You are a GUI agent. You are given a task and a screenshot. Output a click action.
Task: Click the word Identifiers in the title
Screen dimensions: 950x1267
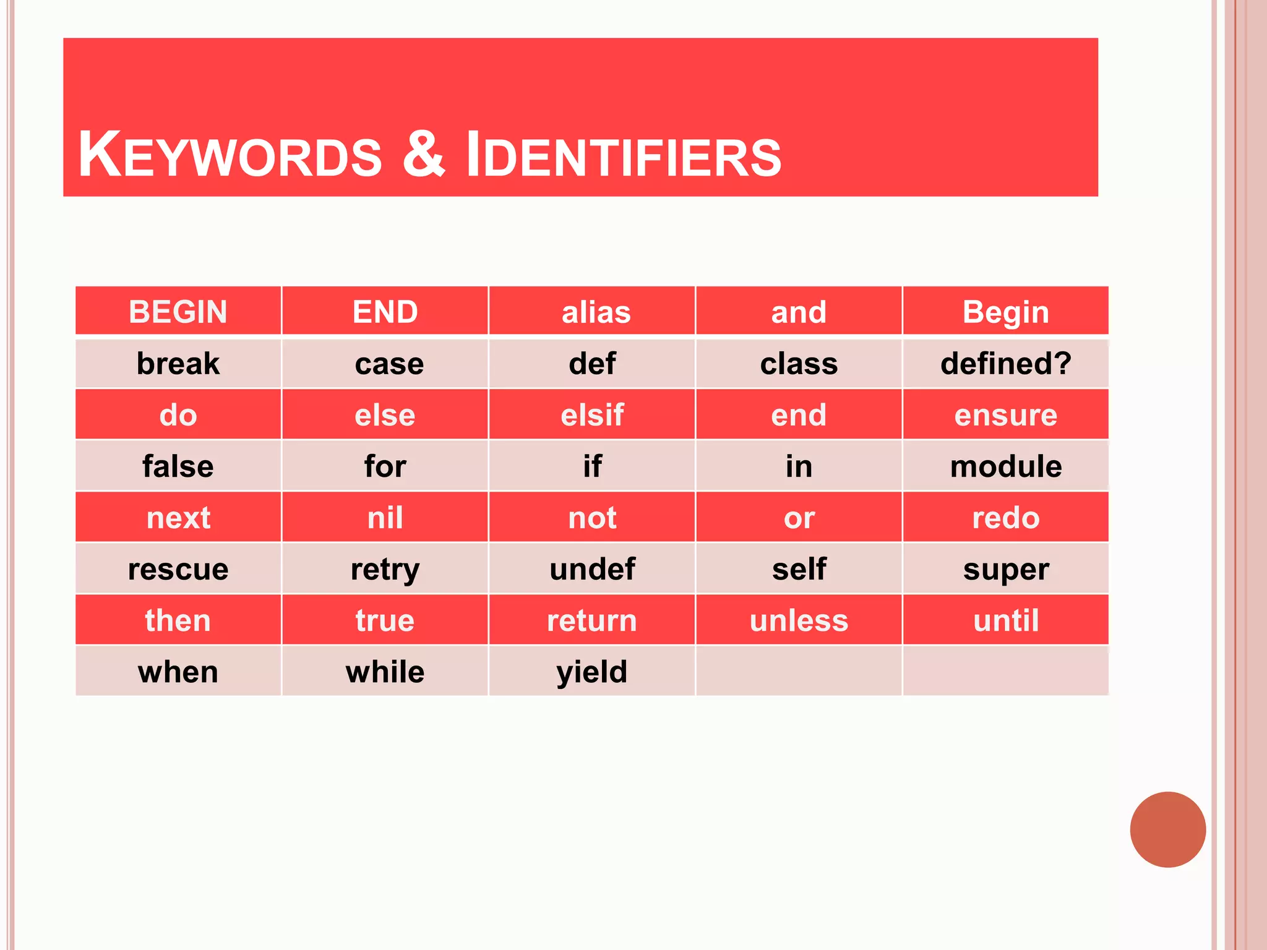click(x=624, y=155)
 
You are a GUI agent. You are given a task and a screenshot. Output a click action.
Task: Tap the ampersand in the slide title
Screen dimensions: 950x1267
click(x=424, y=154)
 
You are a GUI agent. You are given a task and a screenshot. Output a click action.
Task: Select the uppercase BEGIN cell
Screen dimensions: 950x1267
click(x=178, y=312)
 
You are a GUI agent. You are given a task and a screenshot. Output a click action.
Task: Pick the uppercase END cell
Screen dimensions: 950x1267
click(x=385, y=312)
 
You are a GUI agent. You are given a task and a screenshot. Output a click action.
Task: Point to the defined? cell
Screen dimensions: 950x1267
click(x=1006, y=363)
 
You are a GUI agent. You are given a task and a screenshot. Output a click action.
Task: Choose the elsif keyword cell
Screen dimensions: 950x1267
click(x=592, y=415)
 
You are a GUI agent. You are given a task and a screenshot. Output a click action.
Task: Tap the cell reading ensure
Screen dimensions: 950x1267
click(x=1006, y=415)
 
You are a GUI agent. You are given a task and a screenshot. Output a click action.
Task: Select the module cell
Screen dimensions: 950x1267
click(x=1006, y=466)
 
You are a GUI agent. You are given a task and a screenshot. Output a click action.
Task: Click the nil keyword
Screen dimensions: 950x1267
click(x=385, y=518)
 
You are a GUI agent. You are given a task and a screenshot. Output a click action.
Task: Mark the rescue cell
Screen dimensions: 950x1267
click(x=178, y=569)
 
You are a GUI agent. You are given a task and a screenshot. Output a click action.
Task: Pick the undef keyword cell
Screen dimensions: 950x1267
click(x=592, y=569)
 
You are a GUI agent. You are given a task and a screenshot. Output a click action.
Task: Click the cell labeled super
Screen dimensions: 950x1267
click(x=1006, y=569)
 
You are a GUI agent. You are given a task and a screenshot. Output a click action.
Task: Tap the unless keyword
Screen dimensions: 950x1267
click(x=799, y=620)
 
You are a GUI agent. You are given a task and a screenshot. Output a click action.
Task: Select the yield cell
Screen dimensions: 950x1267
click(x=592, y=672)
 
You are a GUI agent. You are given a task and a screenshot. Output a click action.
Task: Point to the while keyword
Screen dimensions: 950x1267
click(x=385, y=672)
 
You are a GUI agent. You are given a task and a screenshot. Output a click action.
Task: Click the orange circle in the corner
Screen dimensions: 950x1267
click(x=1167, y=829)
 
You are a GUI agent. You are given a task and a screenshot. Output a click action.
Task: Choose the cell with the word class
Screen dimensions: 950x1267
click(x=799, y=364)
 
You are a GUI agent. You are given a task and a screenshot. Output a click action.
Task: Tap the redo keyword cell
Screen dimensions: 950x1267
click(x=1006, y=518)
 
